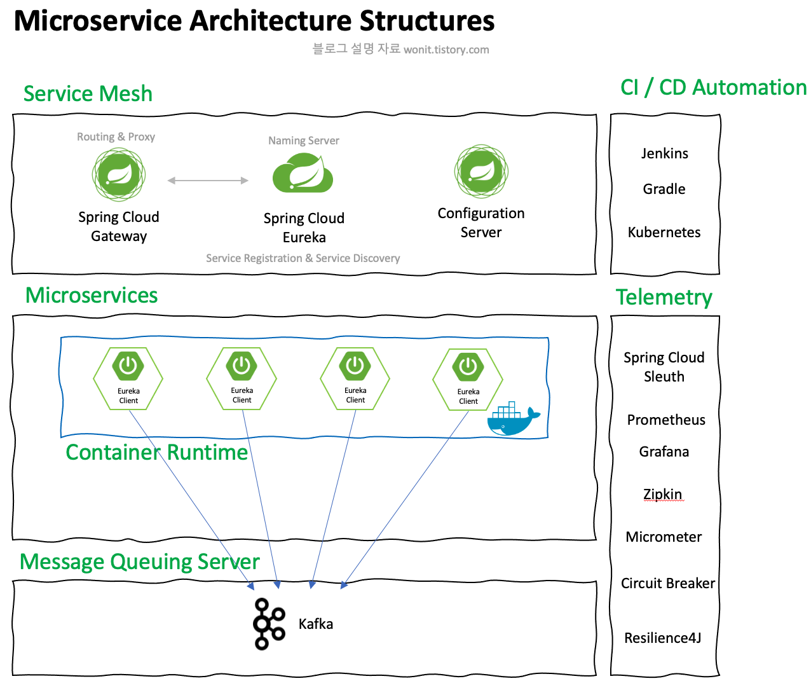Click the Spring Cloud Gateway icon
pyautogui.click(x=119, y=174)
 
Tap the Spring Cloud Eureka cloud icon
pyautogui.click(x=303, y=174)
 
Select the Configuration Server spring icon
pyautogui.click(x=481, y=170)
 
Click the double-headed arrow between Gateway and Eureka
pyautogui.click(x=208, y=181)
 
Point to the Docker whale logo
pyautogui.click(x=512, y=420)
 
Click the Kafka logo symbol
pyautogui.click(x=269, y=624)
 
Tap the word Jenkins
pyautogui.click(x=664, y=153)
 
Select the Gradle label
pyautogui.click(x=664, y=189)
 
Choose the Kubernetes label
pyautogui.click(x=664, y=232)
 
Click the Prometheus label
pyautogui.click(x=666, y=420)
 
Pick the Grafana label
pyautogui.click(x=664, y=451)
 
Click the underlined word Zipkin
pyautogui.click(x=663, y=494)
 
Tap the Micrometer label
pyautogui.click(x=664, y=537)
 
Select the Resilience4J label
pyautogui.click(x=663, y=638)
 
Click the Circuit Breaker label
pyautogui.click(x=668, y=583)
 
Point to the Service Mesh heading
pyautogui.click(x=88, y=93)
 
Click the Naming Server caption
pyautogui.click(x=304, y=141)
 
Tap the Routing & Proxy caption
pyautogui.click(x=116, y=137)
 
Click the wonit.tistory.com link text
pyautogui.click(x=446, y=50)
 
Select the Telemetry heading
pyautogui.click(x=664, y=297)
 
